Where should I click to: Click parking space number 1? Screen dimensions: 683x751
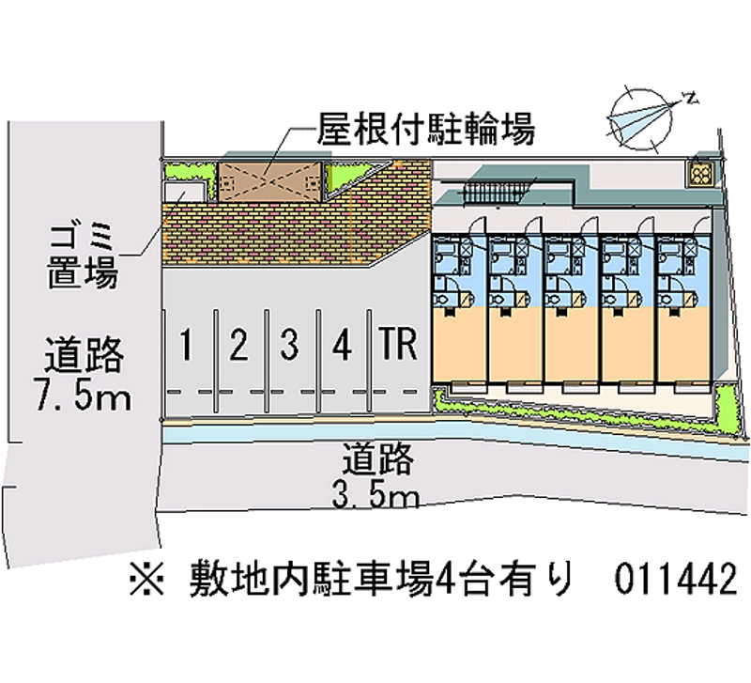point(188,345)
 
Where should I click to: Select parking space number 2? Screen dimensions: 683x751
point(238,345)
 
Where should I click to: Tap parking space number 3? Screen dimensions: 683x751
point(290,345)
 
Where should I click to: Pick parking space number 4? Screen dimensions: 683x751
point(343,345)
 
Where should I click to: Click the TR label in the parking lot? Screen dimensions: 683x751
point(398,345)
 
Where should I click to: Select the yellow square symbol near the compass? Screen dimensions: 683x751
point(699,173)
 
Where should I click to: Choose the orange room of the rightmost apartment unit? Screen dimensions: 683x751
point(683,342)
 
